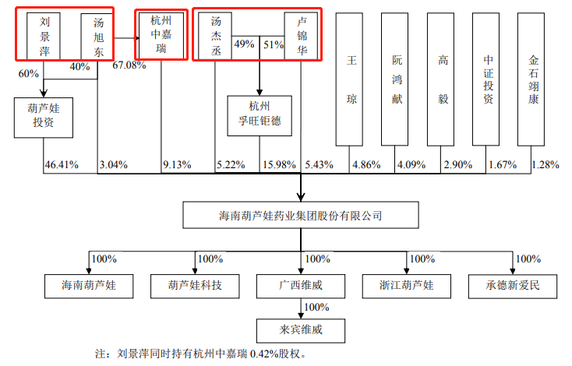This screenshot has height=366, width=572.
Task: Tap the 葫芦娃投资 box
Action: click(x=43, y=117)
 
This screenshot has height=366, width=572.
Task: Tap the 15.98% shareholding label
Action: click(x=278, y=165)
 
